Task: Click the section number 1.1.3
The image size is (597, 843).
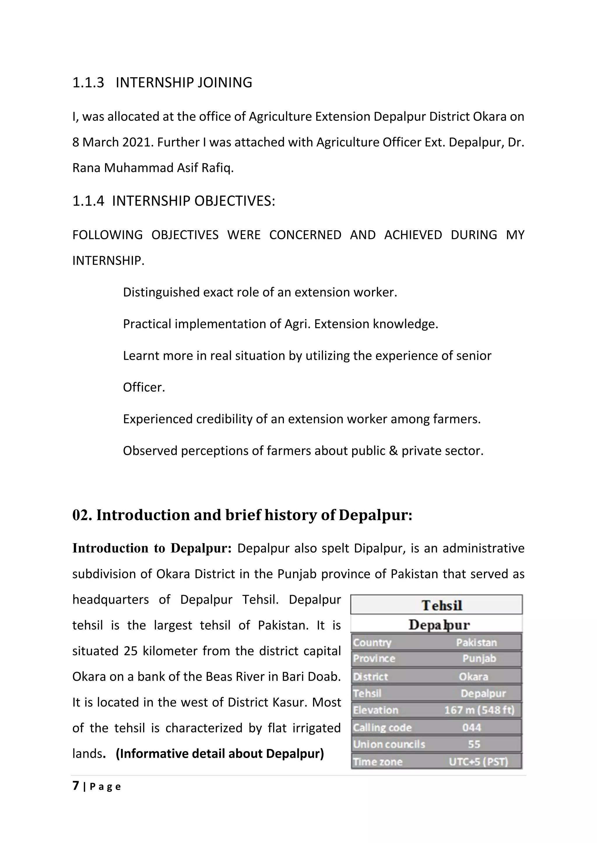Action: click(88, 83)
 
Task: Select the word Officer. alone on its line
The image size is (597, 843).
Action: click(144, 387)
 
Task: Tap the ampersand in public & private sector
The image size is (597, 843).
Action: click(393, 451)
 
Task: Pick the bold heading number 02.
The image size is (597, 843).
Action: click(82, 515)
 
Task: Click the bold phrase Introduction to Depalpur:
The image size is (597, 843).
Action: click(152, 548)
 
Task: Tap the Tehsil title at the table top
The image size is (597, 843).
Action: click(442, 605)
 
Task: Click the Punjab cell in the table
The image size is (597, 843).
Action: click(479, 659)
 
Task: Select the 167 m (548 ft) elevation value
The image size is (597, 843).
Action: click(479, 710)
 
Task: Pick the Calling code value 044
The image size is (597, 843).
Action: click(472, 727)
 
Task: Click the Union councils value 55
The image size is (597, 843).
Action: click(474, 744)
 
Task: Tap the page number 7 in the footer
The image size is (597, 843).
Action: click(76, 786)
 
